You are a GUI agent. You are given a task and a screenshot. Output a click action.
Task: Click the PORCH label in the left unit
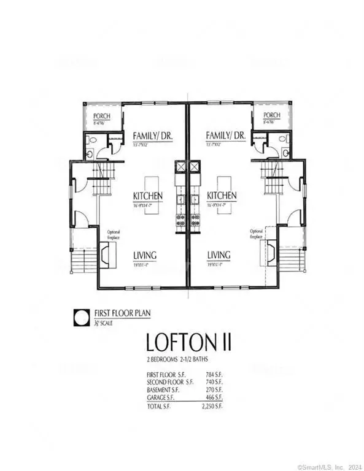[x=101, y=115]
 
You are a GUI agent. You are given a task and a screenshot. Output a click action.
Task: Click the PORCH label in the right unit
[x=272, y=115]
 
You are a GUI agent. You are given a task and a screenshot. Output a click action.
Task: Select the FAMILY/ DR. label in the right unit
[x=226, y=136]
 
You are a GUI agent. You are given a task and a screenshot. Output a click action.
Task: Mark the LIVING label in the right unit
[x=219, y=255]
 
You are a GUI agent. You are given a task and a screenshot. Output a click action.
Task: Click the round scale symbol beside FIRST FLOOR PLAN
[x=80, y=318]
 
